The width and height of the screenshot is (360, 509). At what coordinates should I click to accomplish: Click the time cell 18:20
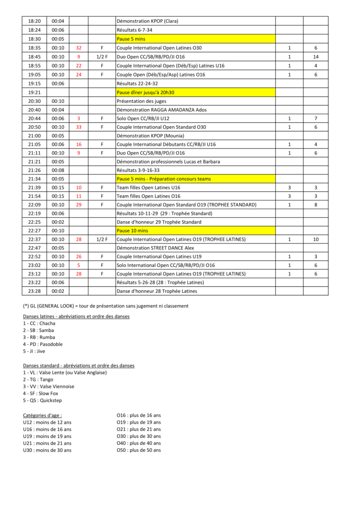coord(34,21)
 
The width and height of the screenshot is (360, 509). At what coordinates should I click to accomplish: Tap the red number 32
coord(79,48)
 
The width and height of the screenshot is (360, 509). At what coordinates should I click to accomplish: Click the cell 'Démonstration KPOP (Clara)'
coord(147,21)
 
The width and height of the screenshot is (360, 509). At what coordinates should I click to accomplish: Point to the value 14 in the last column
coord(316,57)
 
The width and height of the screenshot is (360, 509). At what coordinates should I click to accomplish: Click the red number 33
coord(79,127)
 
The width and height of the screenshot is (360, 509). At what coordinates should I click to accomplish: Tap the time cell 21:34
coord(34,179)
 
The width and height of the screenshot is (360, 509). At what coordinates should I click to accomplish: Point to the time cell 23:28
coord(34,291)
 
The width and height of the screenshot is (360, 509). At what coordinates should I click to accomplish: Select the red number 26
coord(79,256)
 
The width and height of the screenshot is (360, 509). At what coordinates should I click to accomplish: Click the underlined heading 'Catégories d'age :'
coord(43,415)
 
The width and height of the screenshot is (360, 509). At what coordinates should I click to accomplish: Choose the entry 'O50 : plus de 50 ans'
coord(139,450)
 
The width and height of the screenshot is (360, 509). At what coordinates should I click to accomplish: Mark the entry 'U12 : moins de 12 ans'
coord(47,422)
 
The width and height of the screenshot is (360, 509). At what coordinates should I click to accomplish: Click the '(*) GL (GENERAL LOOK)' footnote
coord(105,305)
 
